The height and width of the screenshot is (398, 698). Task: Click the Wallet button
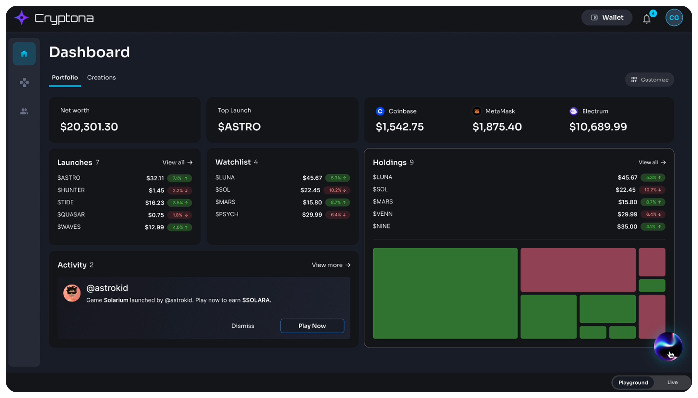[607, 18]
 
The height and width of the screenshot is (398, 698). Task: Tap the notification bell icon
[647, 19]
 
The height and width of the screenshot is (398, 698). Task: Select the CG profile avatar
[674, 18]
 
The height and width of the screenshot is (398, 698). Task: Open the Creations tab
[101, 78]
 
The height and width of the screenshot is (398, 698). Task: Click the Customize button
[650, 80]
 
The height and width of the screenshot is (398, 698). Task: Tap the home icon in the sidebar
[24, 54]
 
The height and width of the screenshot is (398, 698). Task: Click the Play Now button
[312, 326]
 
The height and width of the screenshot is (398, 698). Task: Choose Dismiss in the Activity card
[243, 326]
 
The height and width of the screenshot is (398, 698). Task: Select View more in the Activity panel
[331, 265]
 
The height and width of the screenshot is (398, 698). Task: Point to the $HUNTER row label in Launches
[71, 190]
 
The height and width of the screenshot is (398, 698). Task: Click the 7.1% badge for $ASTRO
[180, 178]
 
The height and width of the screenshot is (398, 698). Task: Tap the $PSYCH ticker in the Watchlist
[227, 214]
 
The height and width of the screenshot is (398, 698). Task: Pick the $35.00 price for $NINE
[627, 226]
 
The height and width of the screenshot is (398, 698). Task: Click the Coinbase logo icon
[380, 111]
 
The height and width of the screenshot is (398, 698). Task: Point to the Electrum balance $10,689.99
[598, 127]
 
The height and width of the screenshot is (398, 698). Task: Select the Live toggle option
[672, 382]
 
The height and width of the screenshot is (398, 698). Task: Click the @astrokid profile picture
[72, 293]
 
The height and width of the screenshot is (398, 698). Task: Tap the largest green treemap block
[445, 293]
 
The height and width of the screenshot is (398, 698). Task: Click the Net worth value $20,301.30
[89, 127]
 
